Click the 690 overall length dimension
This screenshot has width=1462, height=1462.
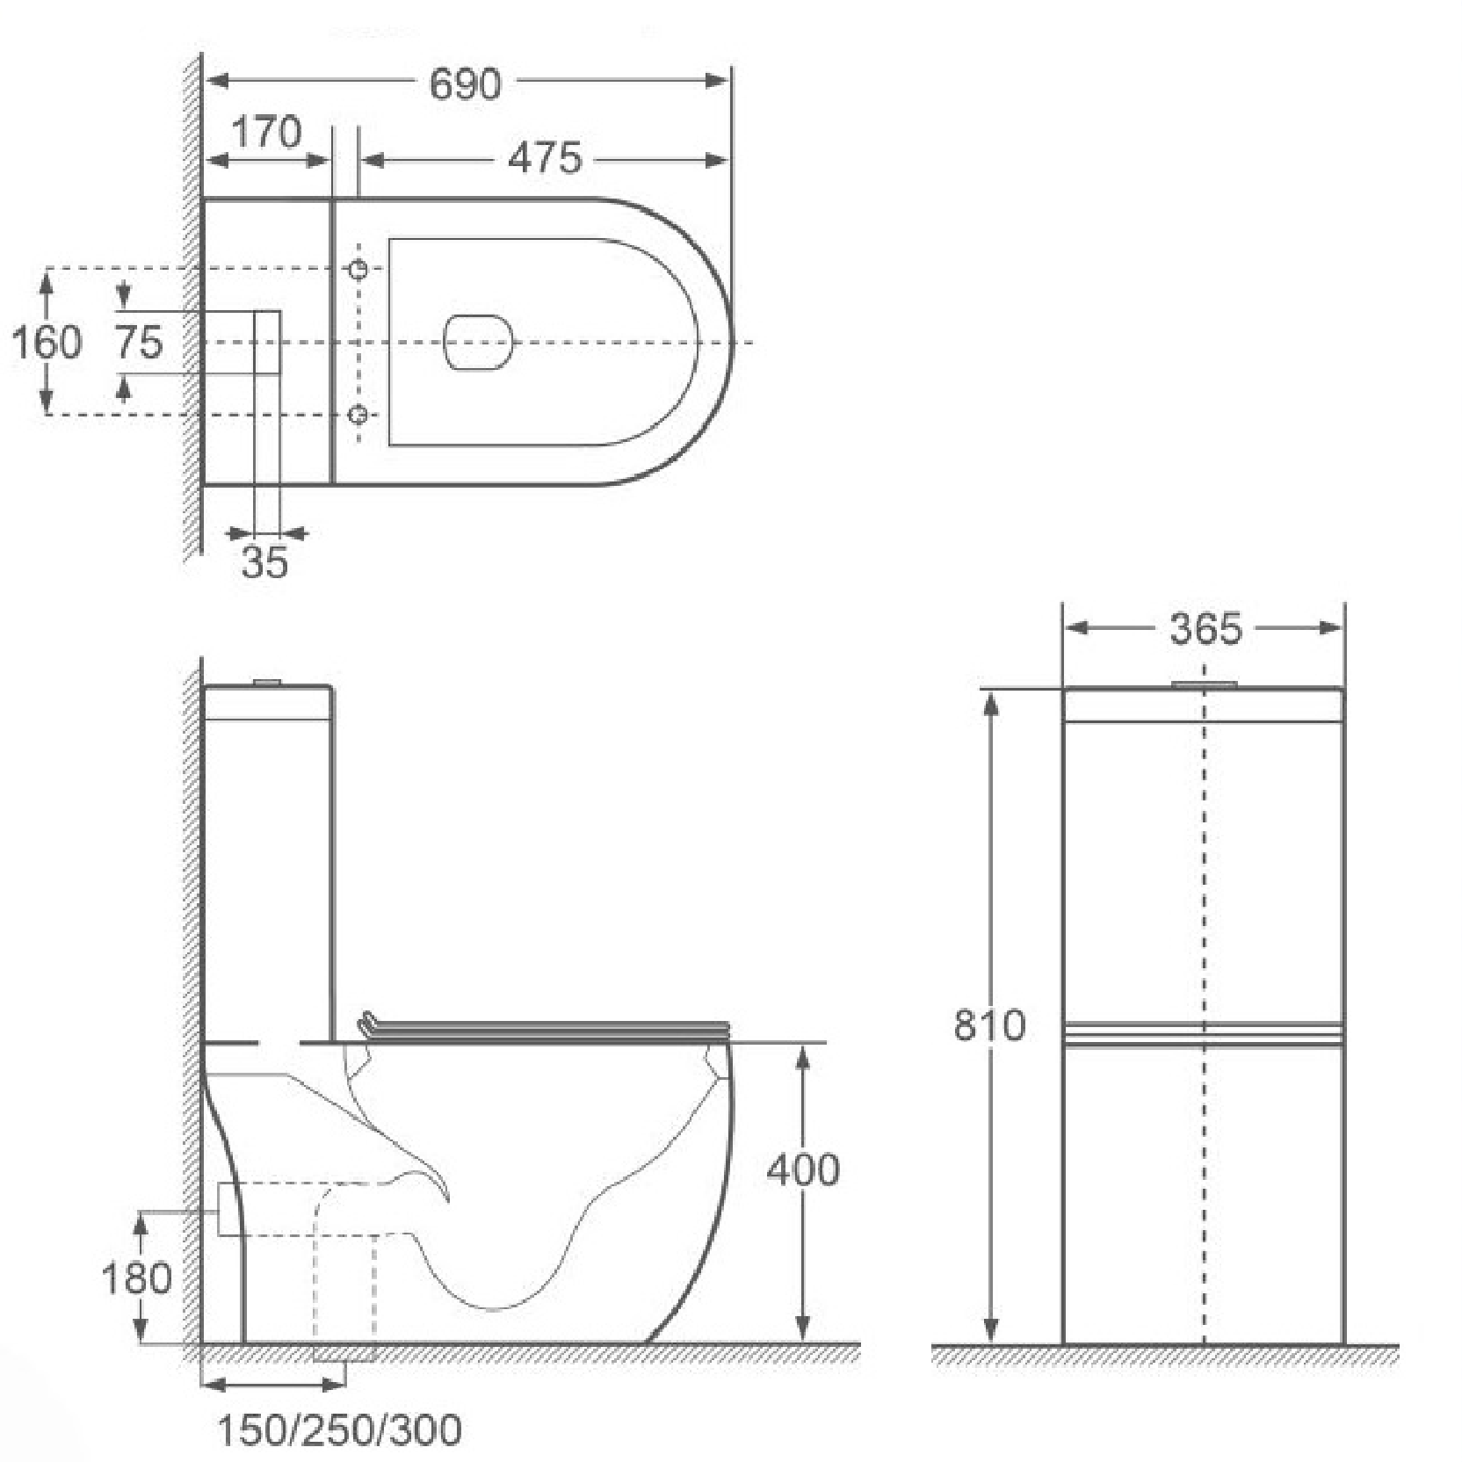465,83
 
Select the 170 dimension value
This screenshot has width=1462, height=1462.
266,133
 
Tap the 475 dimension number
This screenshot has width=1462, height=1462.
545,158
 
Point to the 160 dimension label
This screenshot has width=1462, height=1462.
46,342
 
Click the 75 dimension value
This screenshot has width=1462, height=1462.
139,342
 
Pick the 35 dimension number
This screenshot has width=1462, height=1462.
264,562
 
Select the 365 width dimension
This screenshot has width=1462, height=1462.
1205,629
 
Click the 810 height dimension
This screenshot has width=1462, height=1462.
989,1024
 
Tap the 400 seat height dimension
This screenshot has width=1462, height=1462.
803,1169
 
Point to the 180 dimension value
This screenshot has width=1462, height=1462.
136,1277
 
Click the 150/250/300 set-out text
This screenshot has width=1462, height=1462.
339,1430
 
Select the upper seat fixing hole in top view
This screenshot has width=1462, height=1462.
358,269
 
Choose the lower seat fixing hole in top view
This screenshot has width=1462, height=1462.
358,414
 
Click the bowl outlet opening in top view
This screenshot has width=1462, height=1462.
479,342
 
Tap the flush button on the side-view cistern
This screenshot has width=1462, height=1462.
267,683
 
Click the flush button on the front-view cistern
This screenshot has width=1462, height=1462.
1205,684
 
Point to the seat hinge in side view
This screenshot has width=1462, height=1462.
369,1023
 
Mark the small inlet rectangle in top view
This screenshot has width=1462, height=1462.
267,342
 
